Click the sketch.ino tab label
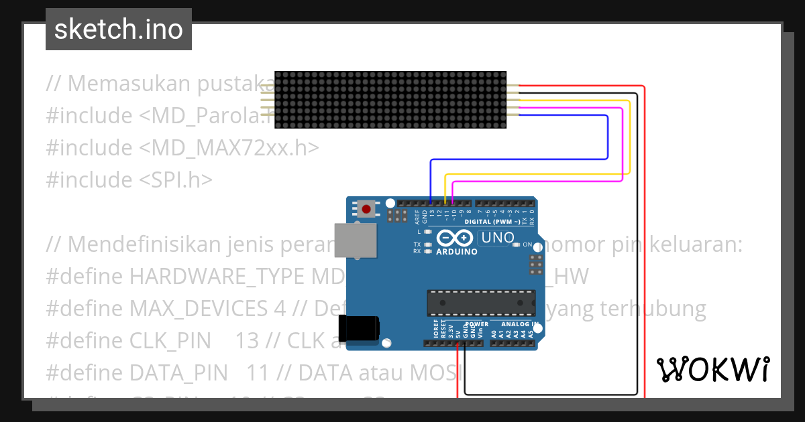[x=119, y=29]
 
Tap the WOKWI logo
[x=712, y=369]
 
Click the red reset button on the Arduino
[x=366, y=209]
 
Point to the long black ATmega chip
[x=482, y=303]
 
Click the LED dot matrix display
[x=390, y=100]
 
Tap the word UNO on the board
[x=497, y=238]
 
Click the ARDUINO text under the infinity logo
[x=457, y=252]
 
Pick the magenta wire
[x=623, y=144]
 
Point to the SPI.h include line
[x=129, y=180]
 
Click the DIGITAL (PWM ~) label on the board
[x=492, y=221]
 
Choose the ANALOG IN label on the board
[x=523, y=324]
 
